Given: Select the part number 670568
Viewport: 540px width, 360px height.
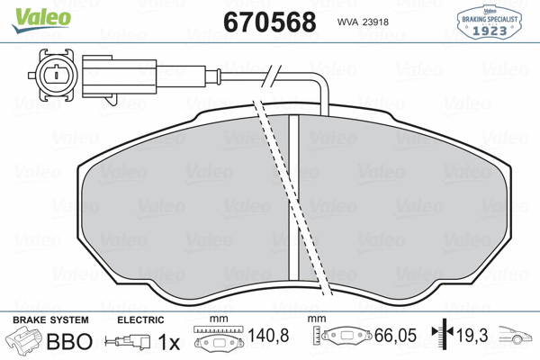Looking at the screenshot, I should point(269,22).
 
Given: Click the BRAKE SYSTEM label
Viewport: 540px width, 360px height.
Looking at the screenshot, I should point(49,320).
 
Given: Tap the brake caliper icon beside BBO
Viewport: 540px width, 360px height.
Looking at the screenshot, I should point(24,342).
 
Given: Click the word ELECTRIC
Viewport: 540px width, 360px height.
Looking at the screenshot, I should point(140,320).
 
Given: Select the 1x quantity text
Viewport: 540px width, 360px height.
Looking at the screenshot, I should point(169,343).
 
